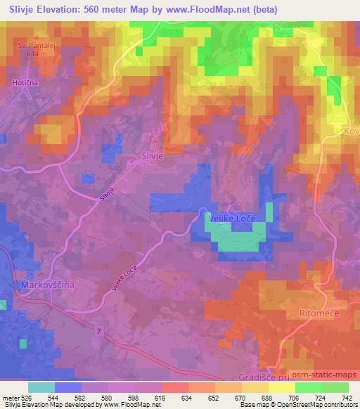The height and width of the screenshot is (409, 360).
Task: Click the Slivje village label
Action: point(152,158)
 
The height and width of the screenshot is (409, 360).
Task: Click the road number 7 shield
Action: point(101,330)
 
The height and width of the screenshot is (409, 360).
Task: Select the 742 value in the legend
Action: point(346,397)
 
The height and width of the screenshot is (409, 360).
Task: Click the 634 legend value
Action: point(188,397)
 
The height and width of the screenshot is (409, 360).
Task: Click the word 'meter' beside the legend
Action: point(11,397)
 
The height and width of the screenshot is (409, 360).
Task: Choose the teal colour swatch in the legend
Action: point(41,387)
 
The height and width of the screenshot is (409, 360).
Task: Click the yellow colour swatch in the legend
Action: point(281,387)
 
